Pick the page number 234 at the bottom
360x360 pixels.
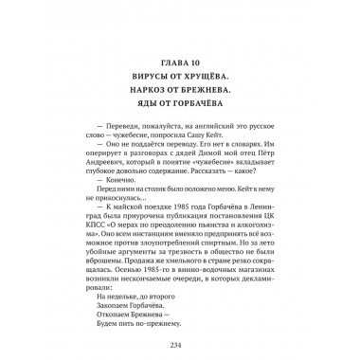[180, 347]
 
